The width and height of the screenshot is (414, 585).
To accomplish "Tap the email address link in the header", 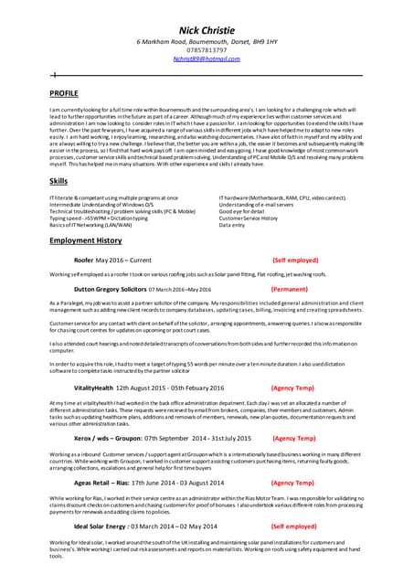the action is [207, 58].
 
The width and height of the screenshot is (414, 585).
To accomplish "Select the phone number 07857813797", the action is [207, 50].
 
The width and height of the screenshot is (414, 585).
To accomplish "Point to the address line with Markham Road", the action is [207, 42].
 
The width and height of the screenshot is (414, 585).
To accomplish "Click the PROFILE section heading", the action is [64, 93].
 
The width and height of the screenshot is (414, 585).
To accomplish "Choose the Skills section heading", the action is [58, 182].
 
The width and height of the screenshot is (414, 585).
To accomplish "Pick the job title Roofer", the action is [83, 261].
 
